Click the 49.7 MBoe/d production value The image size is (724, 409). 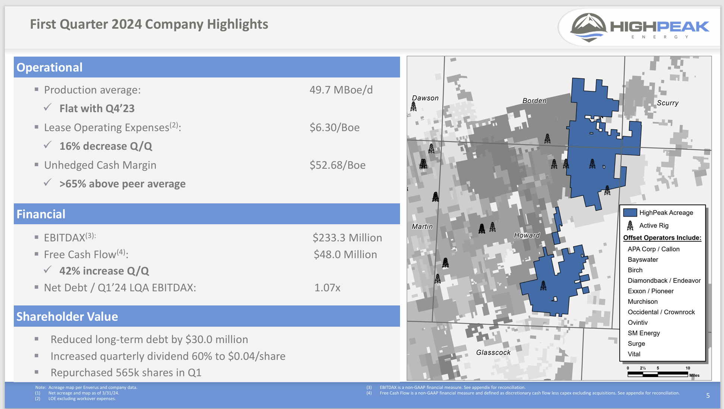coord(341,90)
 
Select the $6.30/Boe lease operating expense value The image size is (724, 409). coord(334,128)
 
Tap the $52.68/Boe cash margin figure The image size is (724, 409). coord(337,165)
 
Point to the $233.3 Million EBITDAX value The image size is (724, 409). coord(347,238)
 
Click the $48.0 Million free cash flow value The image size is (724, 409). coord(345,254)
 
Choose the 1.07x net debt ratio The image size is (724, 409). coord(327,288)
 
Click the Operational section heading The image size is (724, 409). coord(50,67)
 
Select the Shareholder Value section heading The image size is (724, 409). coord(67,317)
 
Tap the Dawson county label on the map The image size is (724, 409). coord(425,98)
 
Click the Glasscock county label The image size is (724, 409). coord(493,352)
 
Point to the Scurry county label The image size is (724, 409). coord(667,103)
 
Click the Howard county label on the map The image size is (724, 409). coord(526,235)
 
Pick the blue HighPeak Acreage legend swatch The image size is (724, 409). coord(630,213)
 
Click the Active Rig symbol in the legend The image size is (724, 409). coord(630,225)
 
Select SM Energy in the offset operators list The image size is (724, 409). coord(643,333)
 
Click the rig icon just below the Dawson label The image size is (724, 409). coord(413,107)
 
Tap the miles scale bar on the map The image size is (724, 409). coord(658,374)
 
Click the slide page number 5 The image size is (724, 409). coord(708,396)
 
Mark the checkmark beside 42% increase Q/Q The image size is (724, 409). coord(47,270)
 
